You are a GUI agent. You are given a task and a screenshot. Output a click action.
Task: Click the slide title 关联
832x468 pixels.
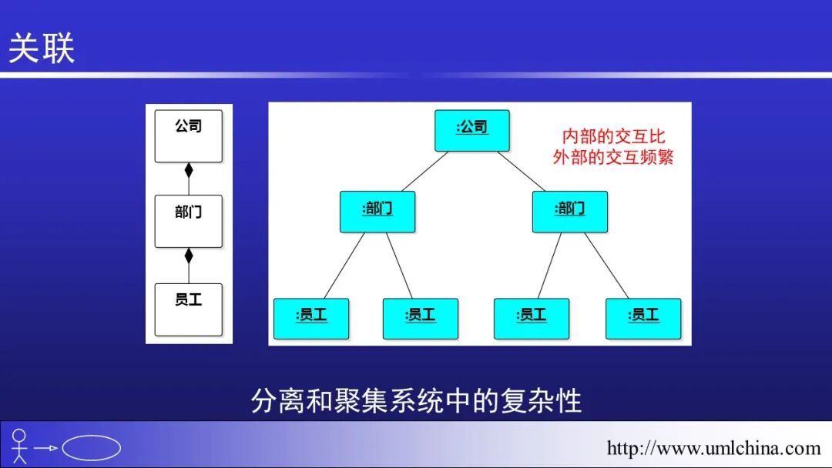(x=42, y=48)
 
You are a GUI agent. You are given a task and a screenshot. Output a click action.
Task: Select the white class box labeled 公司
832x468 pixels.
(x=188, y=136)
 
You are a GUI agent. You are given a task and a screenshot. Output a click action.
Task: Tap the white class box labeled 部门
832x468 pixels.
(x=188, y=221)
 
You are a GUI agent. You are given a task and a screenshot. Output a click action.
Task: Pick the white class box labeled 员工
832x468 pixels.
(x=188, y=309)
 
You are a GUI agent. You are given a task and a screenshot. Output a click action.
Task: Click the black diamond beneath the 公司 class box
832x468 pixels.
(x=189, y=171)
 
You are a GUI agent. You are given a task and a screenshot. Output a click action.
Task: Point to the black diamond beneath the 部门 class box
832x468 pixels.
(x=189, y=256)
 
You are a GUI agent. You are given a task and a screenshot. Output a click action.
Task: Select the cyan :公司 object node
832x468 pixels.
(x=472, y=130)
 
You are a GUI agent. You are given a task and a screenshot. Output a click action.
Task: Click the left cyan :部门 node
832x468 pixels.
(x=377, y=212)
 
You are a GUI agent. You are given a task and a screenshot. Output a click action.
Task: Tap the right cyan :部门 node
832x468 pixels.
(x=569, y=212)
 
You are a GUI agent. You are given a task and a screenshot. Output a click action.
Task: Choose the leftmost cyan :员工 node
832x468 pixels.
(x=311, y=319)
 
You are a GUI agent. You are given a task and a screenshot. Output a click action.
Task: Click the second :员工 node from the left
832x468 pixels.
(x=421, y=319)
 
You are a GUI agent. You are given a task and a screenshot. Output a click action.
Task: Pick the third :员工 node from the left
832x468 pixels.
(x=532, y=319)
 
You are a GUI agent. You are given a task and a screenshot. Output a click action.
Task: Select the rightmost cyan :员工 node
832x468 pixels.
(x=643, y=319)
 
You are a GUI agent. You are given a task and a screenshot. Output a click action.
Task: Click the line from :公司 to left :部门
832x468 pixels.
(x=424, y=171)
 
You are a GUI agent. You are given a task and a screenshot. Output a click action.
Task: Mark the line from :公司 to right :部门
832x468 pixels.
(x=522, y=171)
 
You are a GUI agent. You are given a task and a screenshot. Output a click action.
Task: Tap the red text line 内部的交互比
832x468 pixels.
(x=613, y=137)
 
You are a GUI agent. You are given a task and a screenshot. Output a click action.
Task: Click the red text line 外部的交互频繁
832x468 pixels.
(x=613, y=157)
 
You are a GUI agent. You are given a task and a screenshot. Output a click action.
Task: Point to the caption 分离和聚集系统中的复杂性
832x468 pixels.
(x=416, y=401)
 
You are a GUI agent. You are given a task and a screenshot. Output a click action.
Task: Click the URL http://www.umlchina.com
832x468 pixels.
(x=713, y=448)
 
